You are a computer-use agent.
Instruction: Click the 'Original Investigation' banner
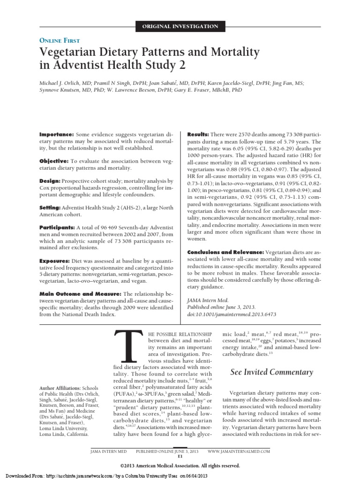tap(180, 26)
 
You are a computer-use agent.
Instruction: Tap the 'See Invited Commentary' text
tap(271, 372)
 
